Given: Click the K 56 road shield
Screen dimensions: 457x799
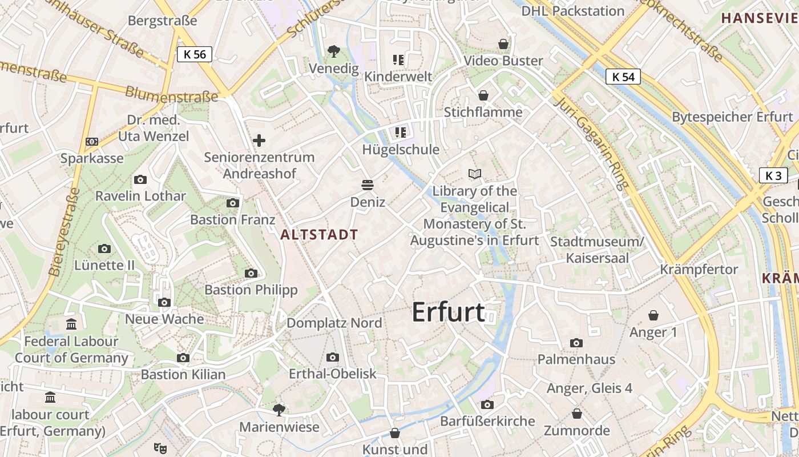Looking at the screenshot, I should tap(195, 54).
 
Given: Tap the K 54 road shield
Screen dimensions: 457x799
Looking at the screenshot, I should tap(623, 77).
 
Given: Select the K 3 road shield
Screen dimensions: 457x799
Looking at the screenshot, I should tap(773, 175).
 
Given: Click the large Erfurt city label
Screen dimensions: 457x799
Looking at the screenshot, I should tap(448, 312).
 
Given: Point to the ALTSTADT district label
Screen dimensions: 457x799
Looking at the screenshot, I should tap(319, 234).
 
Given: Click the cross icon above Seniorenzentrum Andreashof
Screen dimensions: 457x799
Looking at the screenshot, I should tap(259, 140).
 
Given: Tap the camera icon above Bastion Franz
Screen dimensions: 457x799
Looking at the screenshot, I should tap(232, 203).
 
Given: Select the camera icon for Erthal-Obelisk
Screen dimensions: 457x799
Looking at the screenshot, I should tap(332, 358).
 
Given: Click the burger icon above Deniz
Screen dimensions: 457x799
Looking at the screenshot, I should tap(368, 185).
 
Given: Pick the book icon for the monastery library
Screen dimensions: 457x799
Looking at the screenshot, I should tap(474, 174).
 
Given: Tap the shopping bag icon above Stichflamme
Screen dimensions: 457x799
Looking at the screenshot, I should tap(483, 95).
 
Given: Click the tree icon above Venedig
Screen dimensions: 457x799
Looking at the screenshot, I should tap(334, 51).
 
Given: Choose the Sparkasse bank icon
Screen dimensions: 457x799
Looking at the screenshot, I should tap(92, 141).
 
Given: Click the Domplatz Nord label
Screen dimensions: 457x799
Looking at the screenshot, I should tap(334, 323).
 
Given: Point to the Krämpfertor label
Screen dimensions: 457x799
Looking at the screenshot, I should tap(699, 269).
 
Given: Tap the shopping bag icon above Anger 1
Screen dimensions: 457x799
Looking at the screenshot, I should tap(653, 315).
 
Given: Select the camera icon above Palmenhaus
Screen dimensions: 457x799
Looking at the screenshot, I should tap(576, 343).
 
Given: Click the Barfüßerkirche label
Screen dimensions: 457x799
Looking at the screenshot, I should tap(488, 421).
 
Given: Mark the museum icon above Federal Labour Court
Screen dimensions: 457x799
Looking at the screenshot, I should tap(71, 324).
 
